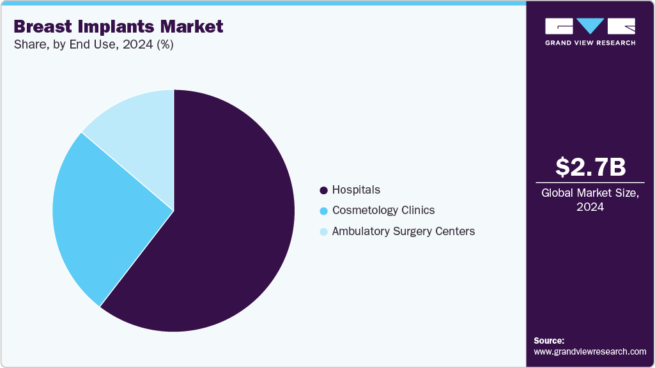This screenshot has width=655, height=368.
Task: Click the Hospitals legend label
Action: pos(356,190)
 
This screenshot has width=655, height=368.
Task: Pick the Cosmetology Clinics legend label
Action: pos(383,210)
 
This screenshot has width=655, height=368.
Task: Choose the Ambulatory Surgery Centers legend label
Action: pos(403,231)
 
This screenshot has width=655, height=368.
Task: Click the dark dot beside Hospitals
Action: pos(323,190)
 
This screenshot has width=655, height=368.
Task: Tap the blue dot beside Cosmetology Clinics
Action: pos(323,211)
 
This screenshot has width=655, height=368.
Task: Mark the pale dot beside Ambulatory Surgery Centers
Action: pos(323,232)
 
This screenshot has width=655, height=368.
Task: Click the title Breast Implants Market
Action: pos(118,26)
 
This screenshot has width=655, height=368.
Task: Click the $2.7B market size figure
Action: pos(590,167)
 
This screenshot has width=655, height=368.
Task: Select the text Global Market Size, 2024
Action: pos(590,200)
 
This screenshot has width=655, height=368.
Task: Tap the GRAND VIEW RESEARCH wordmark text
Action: pos(590,43)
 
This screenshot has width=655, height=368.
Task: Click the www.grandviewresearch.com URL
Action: pos(590,351)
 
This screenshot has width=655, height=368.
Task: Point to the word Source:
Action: pos(549,341)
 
